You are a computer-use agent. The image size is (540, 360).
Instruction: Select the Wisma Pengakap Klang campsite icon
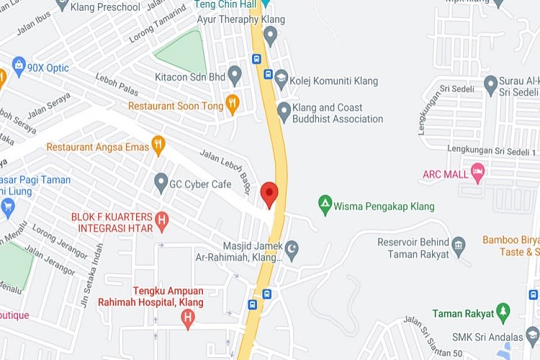tap(325, 206)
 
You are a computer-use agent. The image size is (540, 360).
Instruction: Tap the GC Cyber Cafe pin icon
tap(161, 184)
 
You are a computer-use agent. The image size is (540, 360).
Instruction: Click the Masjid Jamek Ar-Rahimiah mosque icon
tap(292, 251)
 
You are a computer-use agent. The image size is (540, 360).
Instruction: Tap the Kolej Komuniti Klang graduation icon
tap(282, 81)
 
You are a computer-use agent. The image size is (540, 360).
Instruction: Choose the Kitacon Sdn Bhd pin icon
tap(235, 73)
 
